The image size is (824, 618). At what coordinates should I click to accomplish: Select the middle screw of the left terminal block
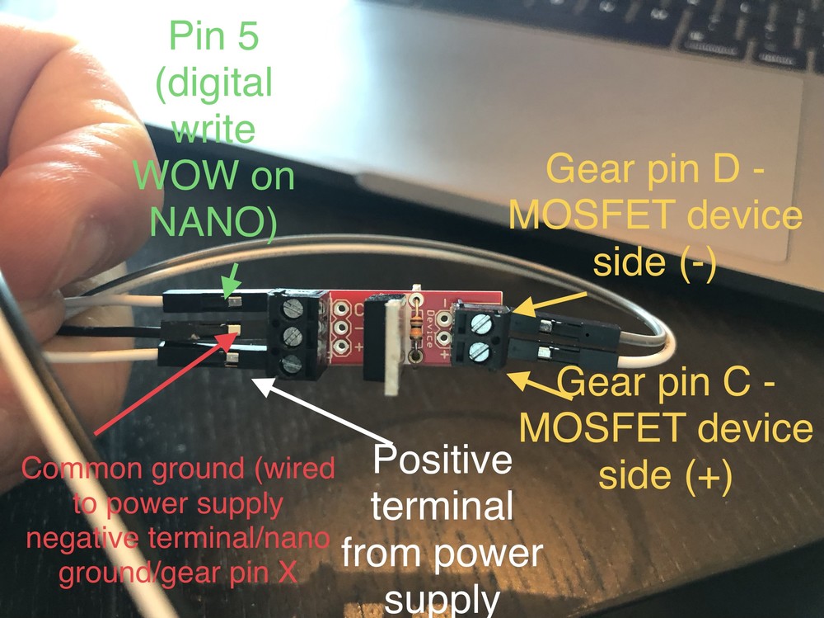click(293, 336)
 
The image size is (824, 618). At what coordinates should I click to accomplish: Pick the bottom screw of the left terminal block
click(293, 364)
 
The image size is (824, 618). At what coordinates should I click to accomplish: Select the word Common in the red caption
click(75, 469)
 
